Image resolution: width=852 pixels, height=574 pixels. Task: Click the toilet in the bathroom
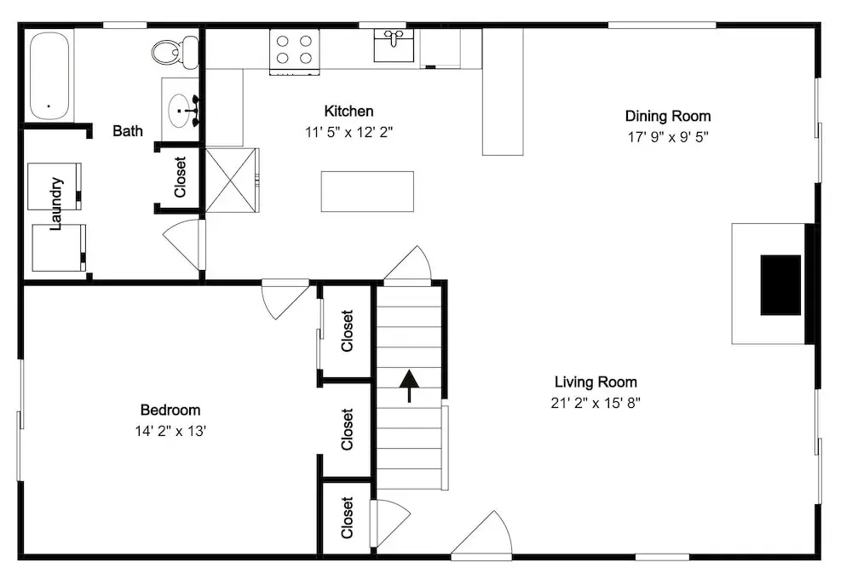[175, 52]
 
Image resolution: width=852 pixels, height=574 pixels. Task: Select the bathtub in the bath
[49, 76]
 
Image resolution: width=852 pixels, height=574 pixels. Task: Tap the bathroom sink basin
[180, 110]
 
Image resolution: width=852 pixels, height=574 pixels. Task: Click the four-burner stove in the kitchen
[295, 52]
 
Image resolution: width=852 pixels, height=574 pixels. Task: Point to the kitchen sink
[394, 45]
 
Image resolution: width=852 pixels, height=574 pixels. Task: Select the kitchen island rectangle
[367, 192]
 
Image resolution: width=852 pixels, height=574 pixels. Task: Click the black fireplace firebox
[780, 285]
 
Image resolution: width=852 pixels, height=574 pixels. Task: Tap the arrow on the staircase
[409, 386]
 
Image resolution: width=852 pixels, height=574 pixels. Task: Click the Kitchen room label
[348, 112]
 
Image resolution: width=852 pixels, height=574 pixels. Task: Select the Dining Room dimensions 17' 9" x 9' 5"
[668, 137]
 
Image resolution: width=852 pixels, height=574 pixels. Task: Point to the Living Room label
[596, 382]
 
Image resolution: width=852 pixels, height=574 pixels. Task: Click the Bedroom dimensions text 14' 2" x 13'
[170, 431]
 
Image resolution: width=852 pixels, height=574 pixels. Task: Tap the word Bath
[128, 131]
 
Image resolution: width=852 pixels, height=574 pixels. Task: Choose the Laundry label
[56, 204]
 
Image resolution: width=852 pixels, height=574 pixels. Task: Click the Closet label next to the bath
[180, 177]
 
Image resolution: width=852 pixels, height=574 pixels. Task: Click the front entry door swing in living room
[481, 534]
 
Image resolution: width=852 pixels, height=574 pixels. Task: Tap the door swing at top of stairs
[407, 264]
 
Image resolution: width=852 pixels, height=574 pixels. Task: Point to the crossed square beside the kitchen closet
[231, 181]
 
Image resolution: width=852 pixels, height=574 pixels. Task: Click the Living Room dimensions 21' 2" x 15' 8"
[596, 403]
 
